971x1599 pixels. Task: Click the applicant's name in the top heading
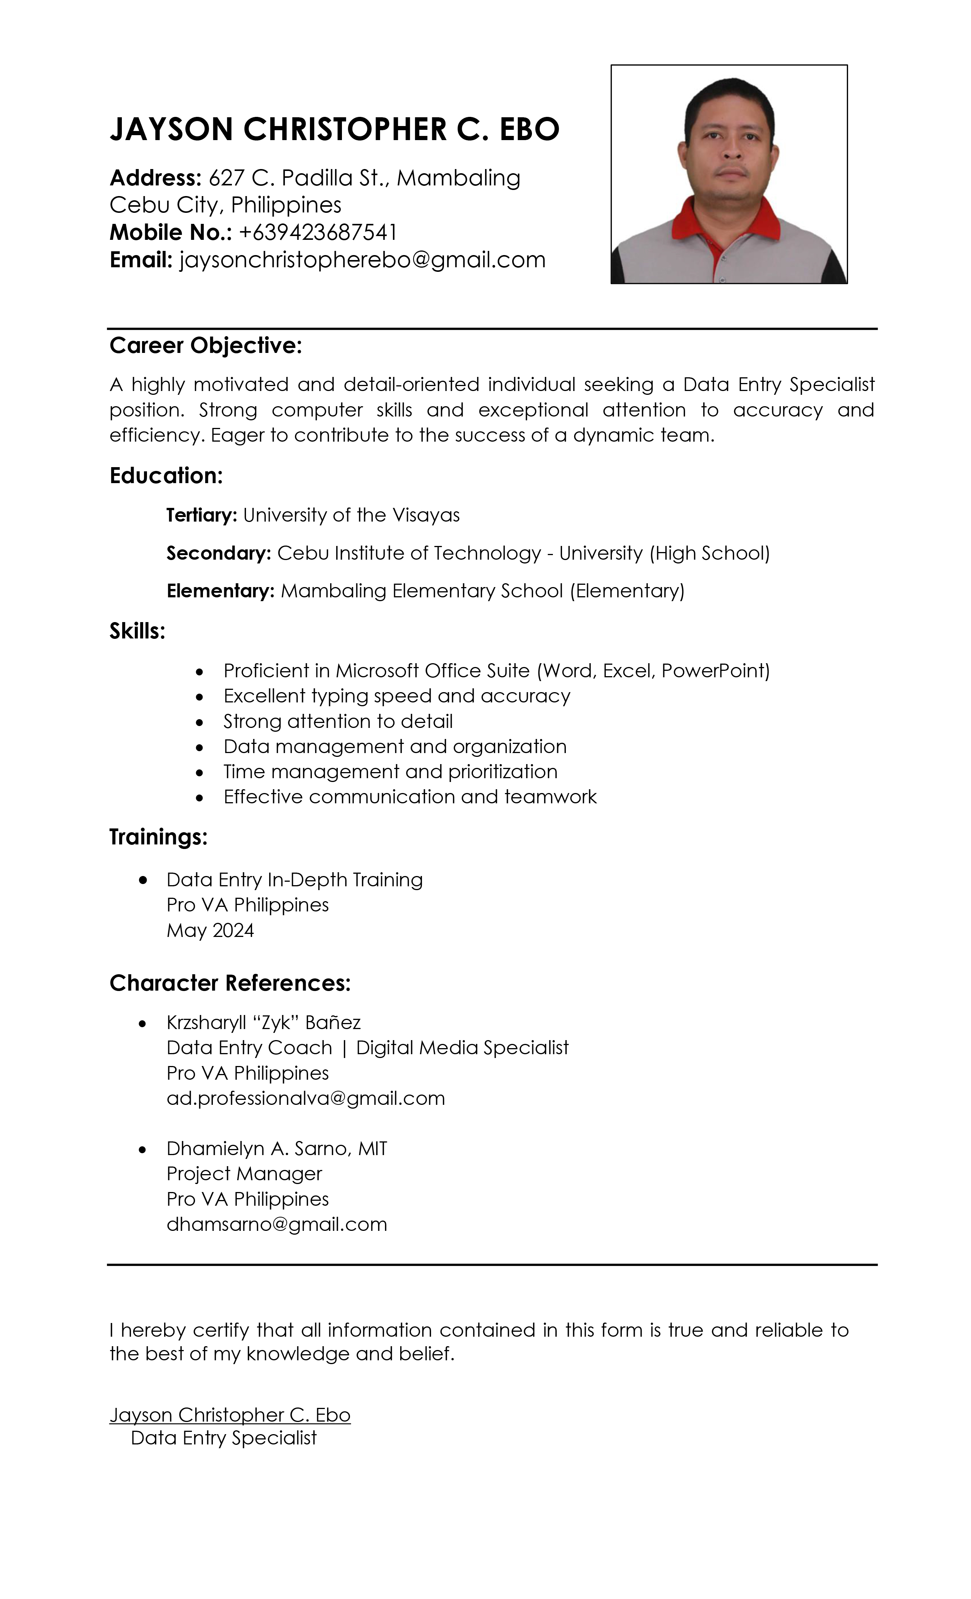click(x=334, y=129)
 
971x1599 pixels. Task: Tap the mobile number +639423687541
click(x=318, y=232)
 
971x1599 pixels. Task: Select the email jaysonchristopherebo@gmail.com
click(x=362, y=260)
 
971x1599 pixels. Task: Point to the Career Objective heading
click(x=206, y=345)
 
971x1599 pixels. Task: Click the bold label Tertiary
click(x=201, y=515)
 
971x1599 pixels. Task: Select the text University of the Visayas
click(x=351, y=515)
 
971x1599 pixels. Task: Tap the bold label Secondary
click(x=218, y=553)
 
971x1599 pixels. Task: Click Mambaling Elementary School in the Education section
click(x=422, y=590)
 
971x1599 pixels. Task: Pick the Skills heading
click(x=137, y=631)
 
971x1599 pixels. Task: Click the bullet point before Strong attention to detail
click(x=199, y=721)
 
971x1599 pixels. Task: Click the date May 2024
click(x=210, y=930)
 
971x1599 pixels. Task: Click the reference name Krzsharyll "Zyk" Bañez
click(x=263, y=1022)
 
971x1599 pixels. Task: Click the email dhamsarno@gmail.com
click(x=276, y=1224)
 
